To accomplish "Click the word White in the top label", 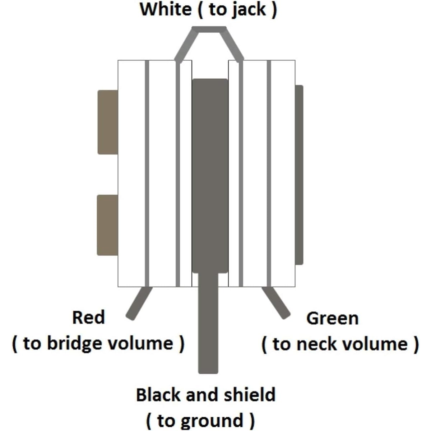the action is click(166, 9).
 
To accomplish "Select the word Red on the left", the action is click(89, 317).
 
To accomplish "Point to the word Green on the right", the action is click(333, 318).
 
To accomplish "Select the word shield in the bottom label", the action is click(250, 395).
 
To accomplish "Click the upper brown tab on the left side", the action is click(108, 122).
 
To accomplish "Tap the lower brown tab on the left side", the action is click(107, 225).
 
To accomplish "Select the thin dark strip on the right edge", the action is click(299, 175).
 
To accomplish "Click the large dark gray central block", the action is click(210, 176).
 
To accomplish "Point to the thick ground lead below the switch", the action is click(208, 323).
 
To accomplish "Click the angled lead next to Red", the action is click(139, 303).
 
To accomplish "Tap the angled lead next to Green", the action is click(276, 303).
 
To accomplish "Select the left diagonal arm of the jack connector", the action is click(186, 45).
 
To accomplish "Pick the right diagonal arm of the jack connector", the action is click(232, 45).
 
